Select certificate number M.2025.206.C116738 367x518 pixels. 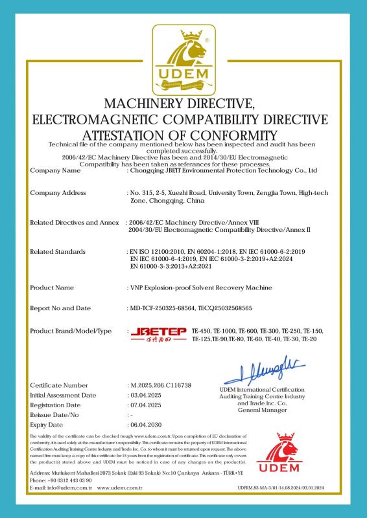(161, 385)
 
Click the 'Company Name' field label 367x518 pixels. (56, 172)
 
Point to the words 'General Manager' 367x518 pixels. (262, 411)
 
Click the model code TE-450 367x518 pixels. (204, 332)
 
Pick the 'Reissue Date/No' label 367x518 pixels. (55, 414)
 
